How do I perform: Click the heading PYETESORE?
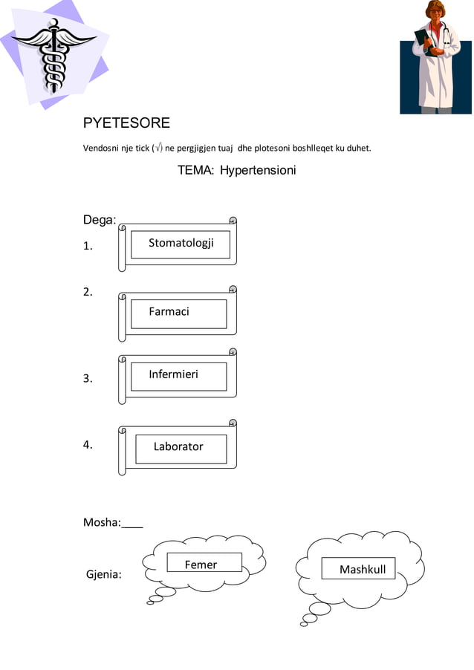126,123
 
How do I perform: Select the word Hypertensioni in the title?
258,171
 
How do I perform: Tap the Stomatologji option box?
181,244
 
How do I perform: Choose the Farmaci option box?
178,313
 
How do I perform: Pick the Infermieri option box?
178,376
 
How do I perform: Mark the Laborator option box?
181,448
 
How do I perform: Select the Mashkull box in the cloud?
358,568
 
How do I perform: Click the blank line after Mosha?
132,523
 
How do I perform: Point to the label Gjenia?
104,574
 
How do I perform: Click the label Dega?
99,220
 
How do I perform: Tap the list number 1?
88,247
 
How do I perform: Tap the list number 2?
88,292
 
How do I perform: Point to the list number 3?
88,379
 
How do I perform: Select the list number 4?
88,446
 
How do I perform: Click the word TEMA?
195,171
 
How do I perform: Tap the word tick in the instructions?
141,149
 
